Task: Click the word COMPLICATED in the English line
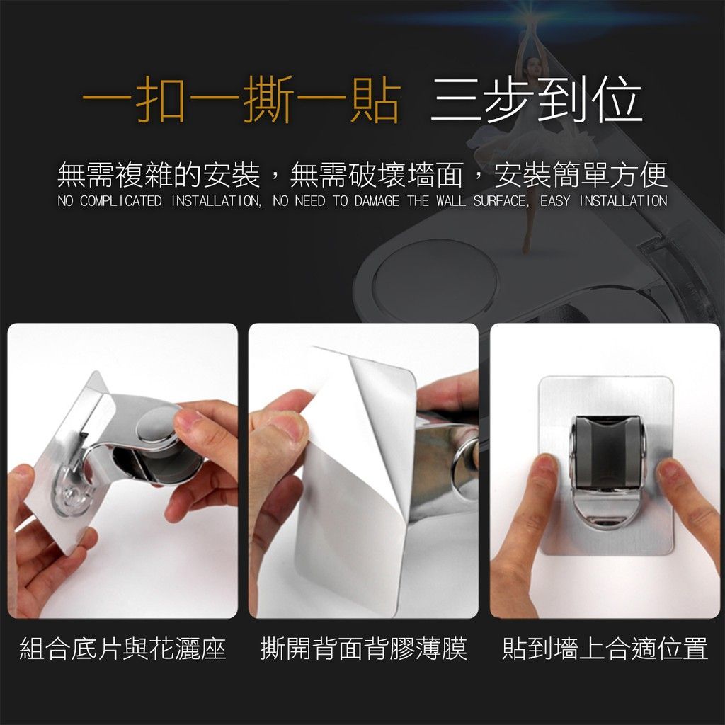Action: [x=120, y=201]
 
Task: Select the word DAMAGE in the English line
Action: [x=377, y=201]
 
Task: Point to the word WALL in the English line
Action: [x=451, y=201]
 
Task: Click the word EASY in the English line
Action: [x=555, y=201]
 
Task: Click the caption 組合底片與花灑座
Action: [x=122, y=649]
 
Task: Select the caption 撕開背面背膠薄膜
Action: [x=363, y=649]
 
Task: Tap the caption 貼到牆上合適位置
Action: [x=605, y=649]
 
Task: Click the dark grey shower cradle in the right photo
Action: [x=605, y=454]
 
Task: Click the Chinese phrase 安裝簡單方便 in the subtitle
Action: [x=581, y=175]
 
